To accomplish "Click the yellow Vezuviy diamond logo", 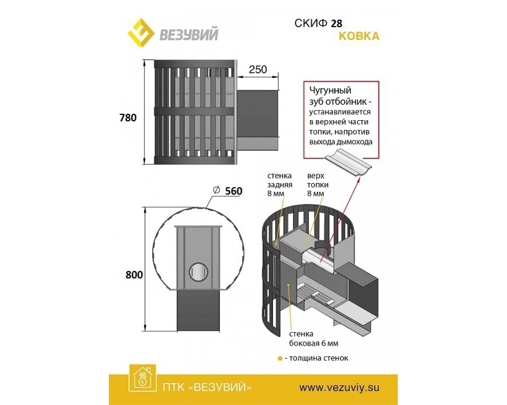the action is tap(141, 34).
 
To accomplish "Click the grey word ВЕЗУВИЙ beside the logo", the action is tap(189, 34).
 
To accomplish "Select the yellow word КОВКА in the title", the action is tap(359, 36).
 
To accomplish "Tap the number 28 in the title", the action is tap(336, 24).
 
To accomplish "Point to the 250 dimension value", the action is tap(258, 70).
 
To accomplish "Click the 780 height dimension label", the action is tap(128, 118).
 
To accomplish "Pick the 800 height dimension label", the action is tap(134, 275).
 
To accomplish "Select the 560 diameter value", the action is tap(234, 191).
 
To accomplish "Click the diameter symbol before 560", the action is tap(216, 190).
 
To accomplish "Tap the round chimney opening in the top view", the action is tap(198, 272).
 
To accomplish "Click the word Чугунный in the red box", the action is tap(330, 90).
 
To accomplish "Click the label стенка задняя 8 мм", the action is tap(280, 185).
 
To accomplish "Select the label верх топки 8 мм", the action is tap(318, 185).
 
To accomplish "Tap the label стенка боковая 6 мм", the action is tap(314, 339).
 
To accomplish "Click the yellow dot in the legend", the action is tap(280, 359).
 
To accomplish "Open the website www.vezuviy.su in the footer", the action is tap(339, 387).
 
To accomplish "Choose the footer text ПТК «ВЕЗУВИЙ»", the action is tap(207, 387).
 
